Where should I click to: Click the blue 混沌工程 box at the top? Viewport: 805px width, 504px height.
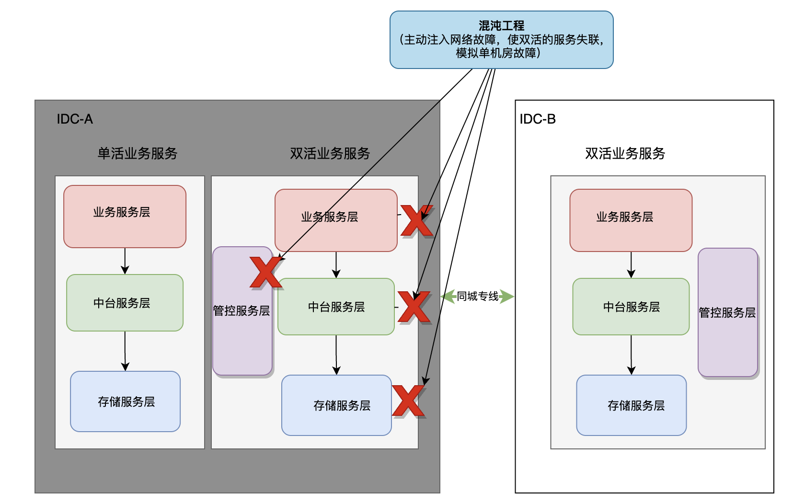point(501,40)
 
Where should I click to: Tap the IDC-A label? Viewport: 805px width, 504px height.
point(75,119)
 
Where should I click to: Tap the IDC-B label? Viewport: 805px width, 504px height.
point(538,119)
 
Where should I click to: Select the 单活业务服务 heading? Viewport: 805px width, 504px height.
point(138,153)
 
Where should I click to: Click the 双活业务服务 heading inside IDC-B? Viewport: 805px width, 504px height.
point(625,153)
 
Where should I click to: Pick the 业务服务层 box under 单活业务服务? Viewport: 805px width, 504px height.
point(125,217)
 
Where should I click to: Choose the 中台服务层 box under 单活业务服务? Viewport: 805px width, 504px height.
point(125,303)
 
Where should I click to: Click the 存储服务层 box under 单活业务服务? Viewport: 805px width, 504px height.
point(125,401)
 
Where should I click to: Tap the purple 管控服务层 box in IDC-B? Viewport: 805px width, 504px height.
point(727,312)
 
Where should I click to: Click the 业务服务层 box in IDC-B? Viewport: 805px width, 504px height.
point(631,220)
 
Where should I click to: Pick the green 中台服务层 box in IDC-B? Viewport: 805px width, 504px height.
point(631,307)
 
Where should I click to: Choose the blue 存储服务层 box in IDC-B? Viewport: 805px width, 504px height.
point(631,405)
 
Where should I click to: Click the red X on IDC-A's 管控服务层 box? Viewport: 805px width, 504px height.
point(266,272)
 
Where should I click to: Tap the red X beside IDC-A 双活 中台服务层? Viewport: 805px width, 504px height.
point(414,307)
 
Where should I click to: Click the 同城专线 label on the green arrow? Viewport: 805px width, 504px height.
point(477,297)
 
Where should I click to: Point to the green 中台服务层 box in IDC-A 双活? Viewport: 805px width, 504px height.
point(336,307)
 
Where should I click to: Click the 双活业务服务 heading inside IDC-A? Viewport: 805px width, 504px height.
point(330,153)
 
